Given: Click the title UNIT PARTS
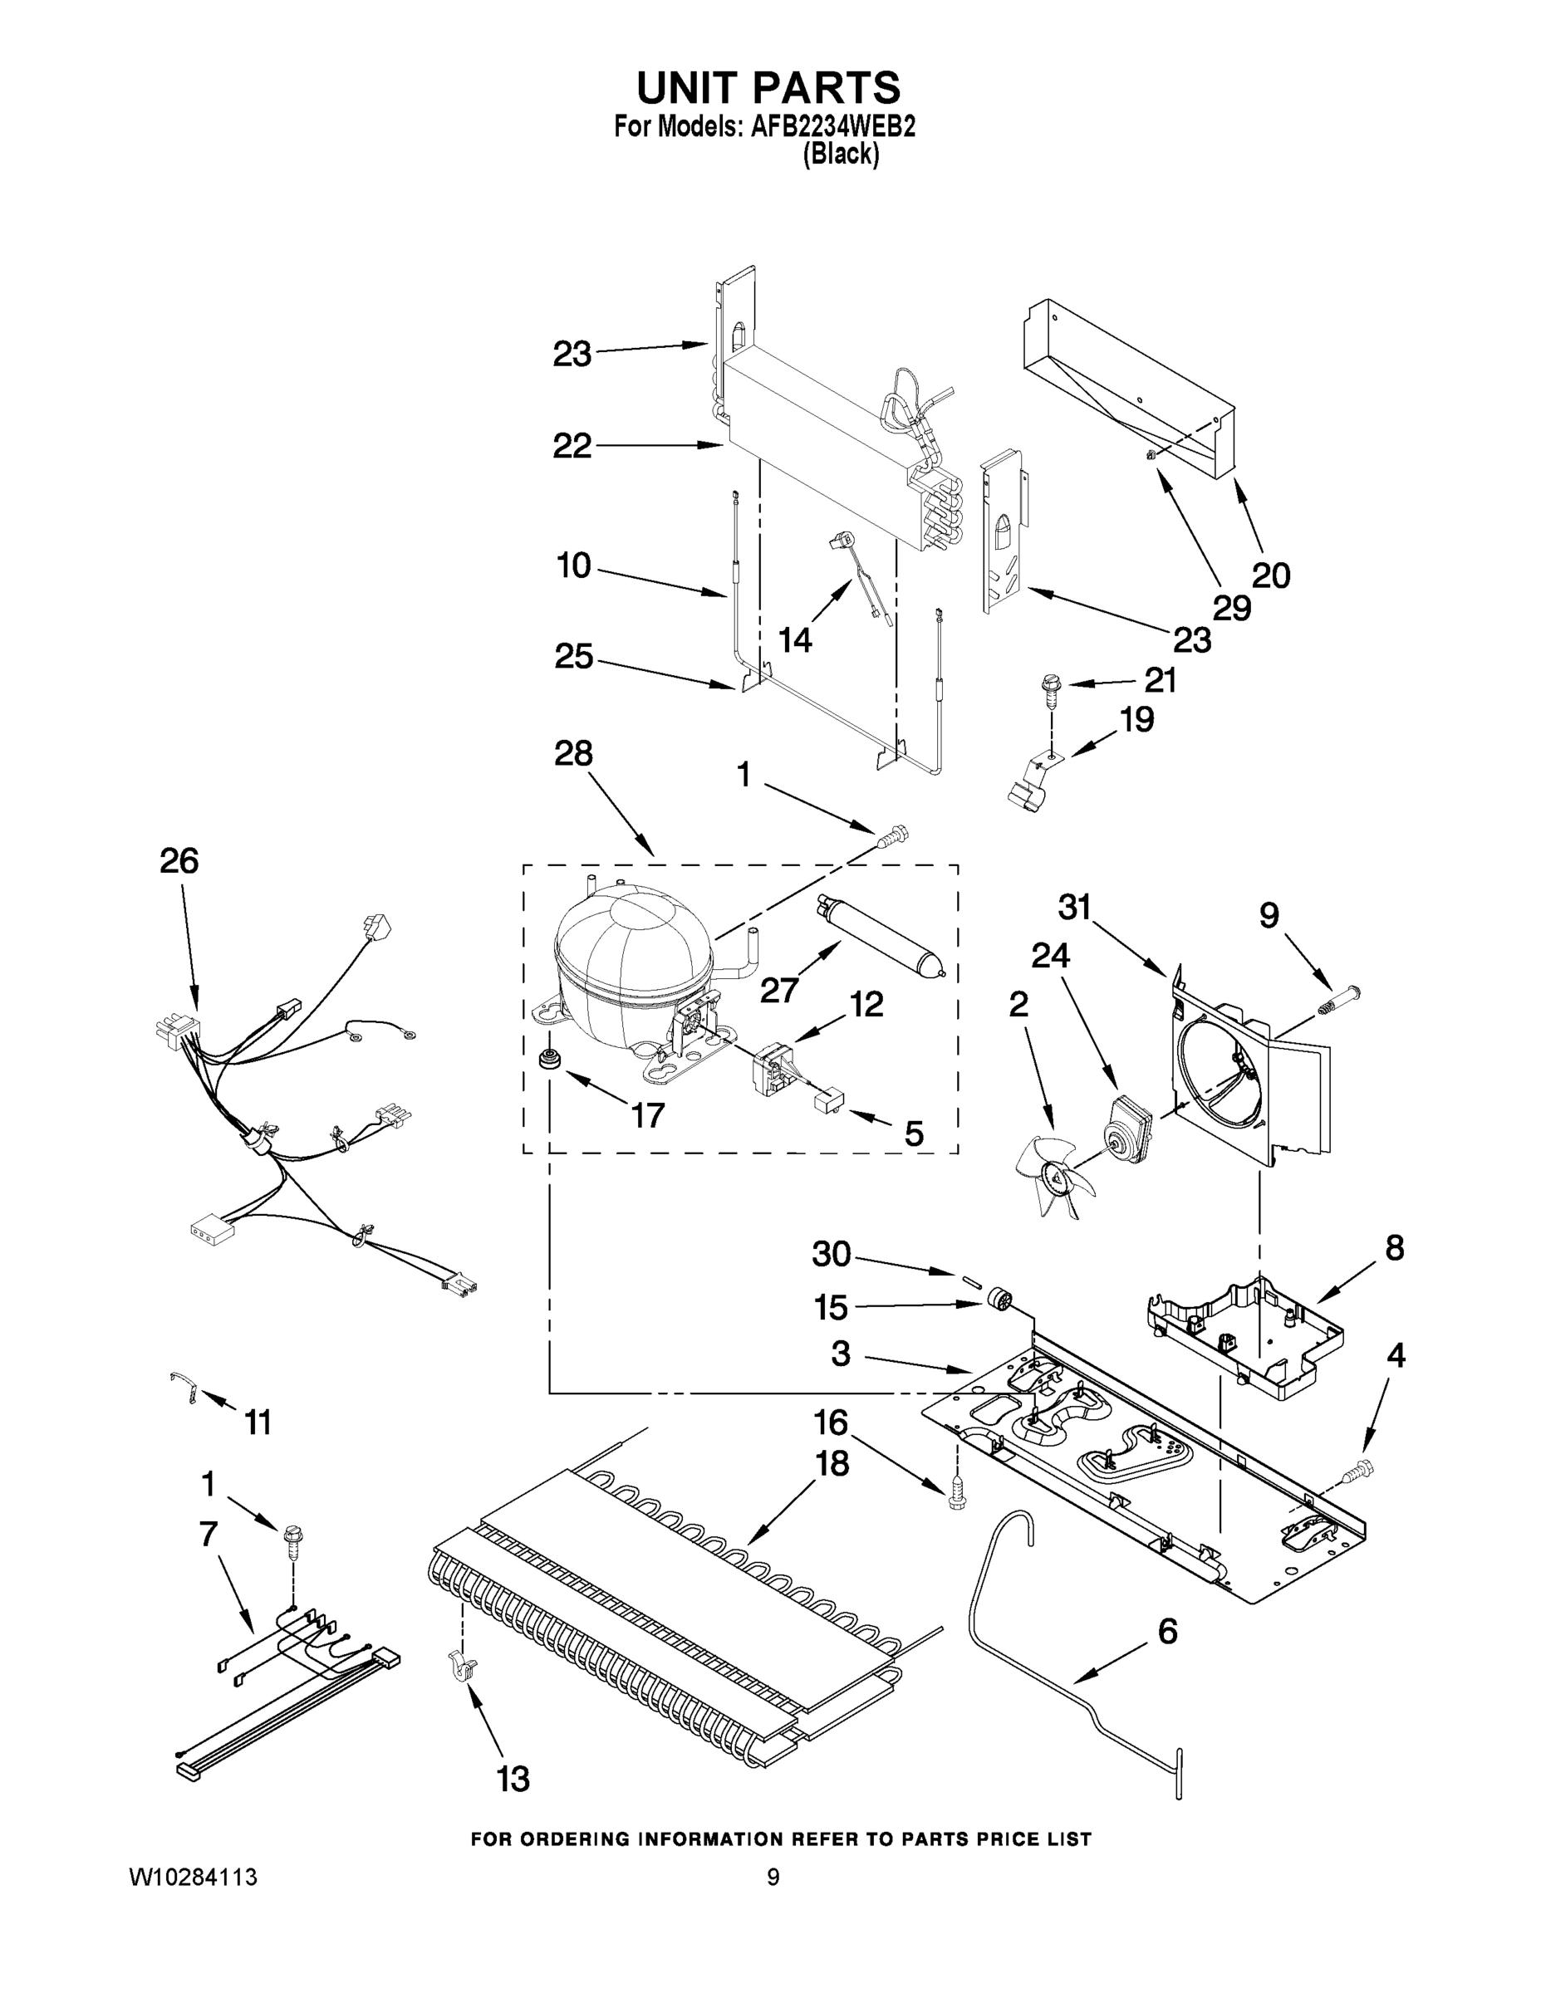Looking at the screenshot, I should point(768,89).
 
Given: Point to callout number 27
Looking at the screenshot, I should point(778,989).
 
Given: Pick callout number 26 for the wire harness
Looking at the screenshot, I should point(179,859).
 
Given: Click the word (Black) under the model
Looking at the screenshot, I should point(841,155).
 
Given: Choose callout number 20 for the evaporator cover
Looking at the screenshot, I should point(1270,575).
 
